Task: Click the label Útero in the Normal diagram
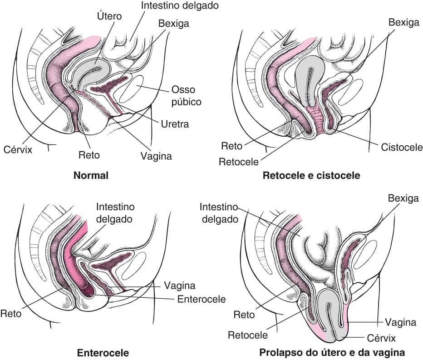109,16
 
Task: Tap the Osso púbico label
187,95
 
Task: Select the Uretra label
175,124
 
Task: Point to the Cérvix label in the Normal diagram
18,149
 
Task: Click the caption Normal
91,175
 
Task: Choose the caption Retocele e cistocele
311,175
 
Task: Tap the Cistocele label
402,147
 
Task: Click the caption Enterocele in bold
103,353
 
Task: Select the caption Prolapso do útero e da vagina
332,352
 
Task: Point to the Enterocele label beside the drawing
202,299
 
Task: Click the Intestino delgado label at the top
180,5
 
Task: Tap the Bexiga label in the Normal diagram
174,24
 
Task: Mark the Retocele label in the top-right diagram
239,162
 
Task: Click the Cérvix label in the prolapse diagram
381,338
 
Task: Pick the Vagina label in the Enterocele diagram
180,286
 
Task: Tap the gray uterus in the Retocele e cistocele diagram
310,78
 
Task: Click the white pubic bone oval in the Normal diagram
135,89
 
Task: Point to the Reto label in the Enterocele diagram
11,314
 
